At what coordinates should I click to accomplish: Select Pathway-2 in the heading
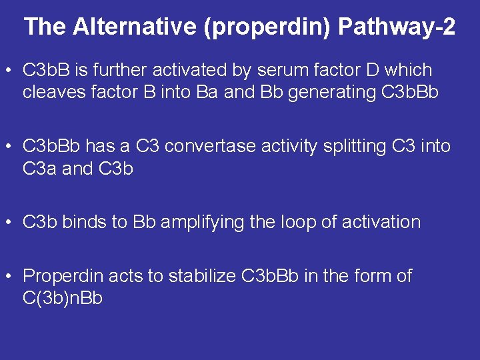[x=397, y=27]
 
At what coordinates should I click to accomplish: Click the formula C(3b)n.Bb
[x=63, y=298]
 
